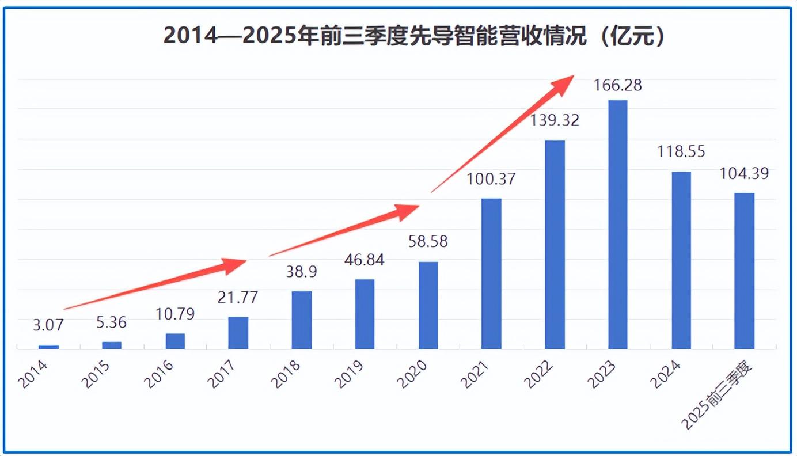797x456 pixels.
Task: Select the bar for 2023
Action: point(617,225)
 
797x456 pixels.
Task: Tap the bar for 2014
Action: point(48,347)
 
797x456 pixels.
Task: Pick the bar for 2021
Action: point(491,273)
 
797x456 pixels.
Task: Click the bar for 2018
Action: point(301,320)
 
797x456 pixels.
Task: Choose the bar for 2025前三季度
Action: point(744,271)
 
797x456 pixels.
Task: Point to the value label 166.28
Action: point(617,86)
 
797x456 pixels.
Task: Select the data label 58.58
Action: point(428,241)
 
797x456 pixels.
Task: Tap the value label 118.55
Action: point(681,152)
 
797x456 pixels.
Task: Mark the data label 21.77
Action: point(238,298)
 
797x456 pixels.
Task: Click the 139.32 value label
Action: point(555,120)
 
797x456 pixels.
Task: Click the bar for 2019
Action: point(365,314)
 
